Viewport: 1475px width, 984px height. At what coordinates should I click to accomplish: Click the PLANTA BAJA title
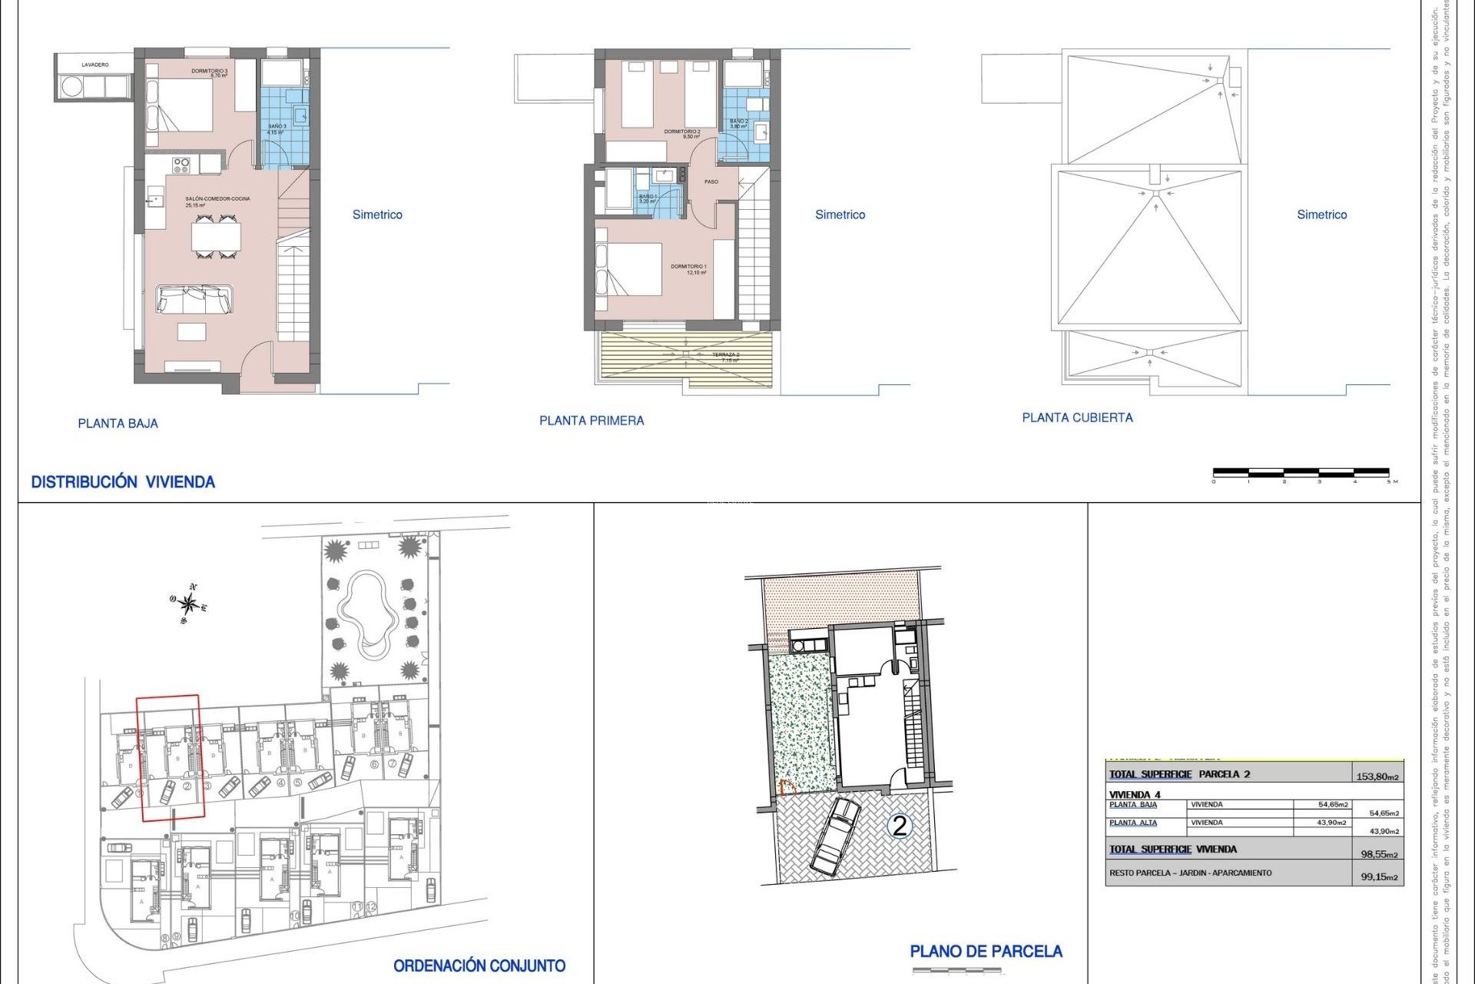tap(118, 424)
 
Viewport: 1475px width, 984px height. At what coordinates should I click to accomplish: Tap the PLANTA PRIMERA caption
tap(592, 421)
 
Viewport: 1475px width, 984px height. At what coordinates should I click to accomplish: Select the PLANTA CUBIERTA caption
tap(1077, 417)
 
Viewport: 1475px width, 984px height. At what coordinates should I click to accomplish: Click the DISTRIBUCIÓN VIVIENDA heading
tap(123, 482)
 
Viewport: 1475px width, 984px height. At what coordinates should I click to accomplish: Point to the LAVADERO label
tap(95, 65)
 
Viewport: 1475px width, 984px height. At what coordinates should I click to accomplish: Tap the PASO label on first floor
tap(711, 182)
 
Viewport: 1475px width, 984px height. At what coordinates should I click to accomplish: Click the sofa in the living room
tap(194, 299)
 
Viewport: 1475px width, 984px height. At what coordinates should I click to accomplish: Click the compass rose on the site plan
tap(189, 604)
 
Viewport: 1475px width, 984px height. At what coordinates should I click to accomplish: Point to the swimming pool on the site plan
tap(367, 613)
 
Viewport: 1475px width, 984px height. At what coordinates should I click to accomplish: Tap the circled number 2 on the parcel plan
tap(899, 826)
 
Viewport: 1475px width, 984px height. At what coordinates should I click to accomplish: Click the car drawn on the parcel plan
tap(835, 836)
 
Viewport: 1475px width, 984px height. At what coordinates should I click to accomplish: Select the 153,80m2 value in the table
tap(1377, 776)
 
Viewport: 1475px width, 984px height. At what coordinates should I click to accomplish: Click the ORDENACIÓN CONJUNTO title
tap(479, 966)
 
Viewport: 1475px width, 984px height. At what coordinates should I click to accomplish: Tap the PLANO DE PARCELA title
tap(986, 952)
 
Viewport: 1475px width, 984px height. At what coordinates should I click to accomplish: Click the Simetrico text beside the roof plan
tap(1321, 214)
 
